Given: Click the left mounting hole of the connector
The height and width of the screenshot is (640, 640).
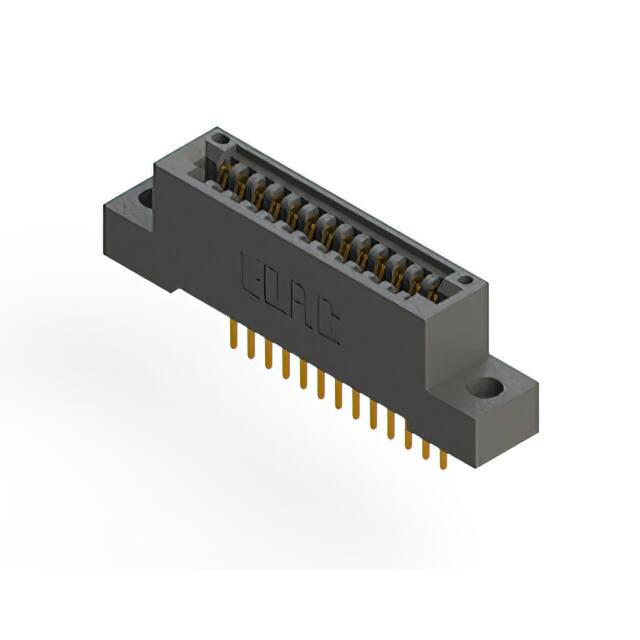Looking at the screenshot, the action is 146,198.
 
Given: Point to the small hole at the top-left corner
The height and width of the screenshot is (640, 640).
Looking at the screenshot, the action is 221,139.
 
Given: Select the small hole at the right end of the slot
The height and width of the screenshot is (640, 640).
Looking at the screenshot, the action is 465,280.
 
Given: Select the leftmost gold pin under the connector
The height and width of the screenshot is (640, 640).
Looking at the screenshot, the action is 233,334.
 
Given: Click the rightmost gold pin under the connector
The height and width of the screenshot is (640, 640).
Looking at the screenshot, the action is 444,457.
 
